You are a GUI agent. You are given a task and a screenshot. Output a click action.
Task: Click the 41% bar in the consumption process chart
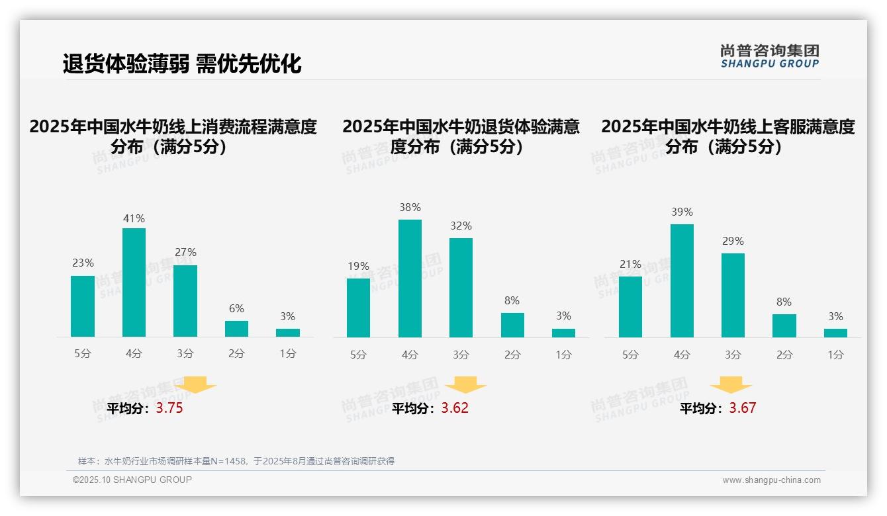click(134, 282)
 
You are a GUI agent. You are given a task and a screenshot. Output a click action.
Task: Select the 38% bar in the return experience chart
click(410, 279)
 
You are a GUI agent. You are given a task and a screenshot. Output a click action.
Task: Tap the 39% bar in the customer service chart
click(682, 280)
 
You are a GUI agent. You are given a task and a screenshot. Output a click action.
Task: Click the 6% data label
click(236, 308)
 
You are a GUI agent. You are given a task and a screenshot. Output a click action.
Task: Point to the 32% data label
click(461, 226)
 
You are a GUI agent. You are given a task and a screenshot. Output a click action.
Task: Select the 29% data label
click(733, 241)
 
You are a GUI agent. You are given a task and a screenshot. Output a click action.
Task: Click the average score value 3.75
click(169, 408)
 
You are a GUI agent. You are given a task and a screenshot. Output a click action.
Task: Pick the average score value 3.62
click(455, 408)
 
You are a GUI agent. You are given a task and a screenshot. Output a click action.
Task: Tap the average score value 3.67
click(742, 408)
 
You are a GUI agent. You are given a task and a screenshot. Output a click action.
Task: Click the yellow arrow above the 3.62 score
click(465, 385)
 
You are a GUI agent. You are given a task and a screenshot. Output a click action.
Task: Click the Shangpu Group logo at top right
click(769, 56)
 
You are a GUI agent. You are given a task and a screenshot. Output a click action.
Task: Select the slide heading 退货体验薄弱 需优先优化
click(182, 64)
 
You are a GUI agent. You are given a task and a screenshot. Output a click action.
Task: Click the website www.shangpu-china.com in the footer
click(771, 480)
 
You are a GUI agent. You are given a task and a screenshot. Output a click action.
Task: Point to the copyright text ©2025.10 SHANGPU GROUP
click(132, 480)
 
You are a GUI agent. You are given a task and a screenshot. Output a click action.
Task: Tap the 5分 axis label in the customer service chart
click(630, 355)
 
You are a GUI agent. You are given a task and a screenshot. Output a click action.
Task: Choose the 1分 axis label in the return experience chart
click(563, 355)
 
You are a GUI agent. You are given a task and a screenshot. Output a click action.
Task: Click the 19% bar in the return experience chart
click(358, 308)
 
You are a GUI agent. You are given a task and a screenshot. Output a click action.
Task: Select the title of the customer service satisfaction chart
click(727, 136)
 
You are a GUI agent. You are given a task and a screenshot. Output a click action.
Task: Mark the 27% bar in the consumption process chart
click(185, 301)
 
